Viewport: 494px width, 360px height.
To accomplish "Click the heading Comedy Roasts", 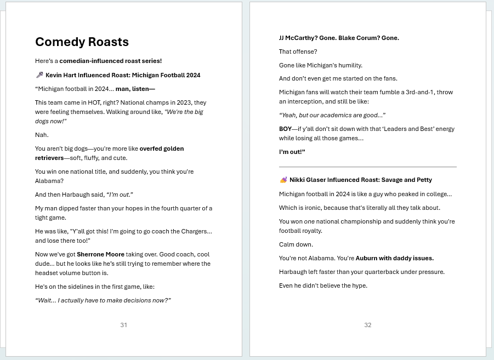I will click(x=82, y=42).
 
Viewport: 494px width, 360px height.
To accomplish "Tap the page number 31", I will click(x=123, y=325).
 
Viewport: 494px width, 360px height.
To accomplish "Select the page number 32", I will click(x=367, y=325).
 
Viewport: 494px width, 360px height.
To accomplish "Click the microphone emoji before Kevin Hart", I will click(x=39, y=75).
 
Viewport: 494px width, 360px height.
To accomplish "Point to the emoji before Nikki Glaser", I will click(x=283, y=180).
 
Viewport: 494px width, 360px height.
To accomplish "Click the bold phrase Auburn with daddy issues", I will click(x=394, y=258).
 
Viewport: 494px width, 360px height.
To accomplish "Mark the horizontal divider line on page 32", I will click(x=367, y=167).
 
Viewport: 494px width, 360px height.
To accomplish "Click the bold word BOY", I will click(x=285, y=129).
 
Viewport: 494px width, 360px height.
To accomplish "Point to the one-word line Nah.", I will click(x=42, y=135).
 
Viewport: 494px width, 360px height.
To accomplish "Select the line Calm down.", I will click(x=296, y=244).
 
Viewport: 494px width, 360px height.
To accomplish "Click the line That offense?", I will click(x=298, y=52).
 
